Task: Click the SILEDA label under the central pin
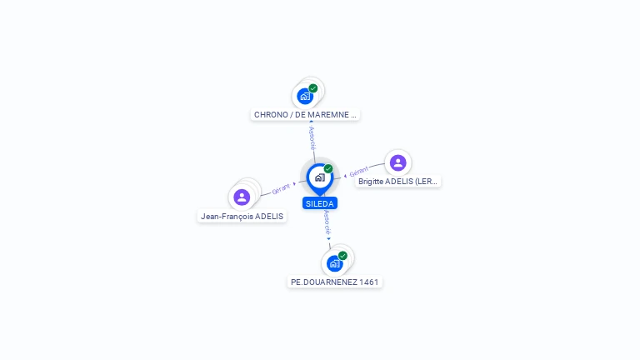click(x=320, y=203)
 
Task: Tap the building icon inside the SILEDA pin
click(x=319, y=177)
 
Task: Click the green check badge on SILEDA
click(x=328, y=168)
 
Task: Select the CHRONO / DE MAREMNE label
click(x=305, y=115)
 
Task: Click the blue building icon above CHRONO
click(x=305, y=96)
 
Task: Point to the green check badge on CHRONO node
click(x=313, y=87)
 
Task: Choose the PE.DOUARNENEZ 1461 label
click(x=335, y=282)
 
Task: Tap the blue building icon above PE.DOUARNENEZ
click(x=334, y=263)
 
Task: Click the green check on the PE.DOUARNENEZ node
click(x=342, y=255)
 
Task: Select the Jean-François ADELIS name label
click(x=242, y=217)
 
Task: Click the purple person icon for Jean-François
click(x=242, y=197)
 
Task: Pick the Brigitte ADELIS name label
click(x=397, y=181)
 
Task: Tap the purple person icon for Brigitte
click(x=397, y=162)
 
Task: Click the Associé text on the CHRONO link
click(x=312, y=137)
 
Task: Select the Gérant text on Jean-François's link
click(x=281, y=189)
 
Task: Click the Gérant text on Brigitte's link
click(x=359, y=172)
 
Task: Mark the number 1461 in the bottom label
click(x=368, y=282)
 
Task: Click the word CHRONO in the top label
click(x=270, y=115)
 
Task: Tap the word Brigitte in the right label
click(x=372, y=181)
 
